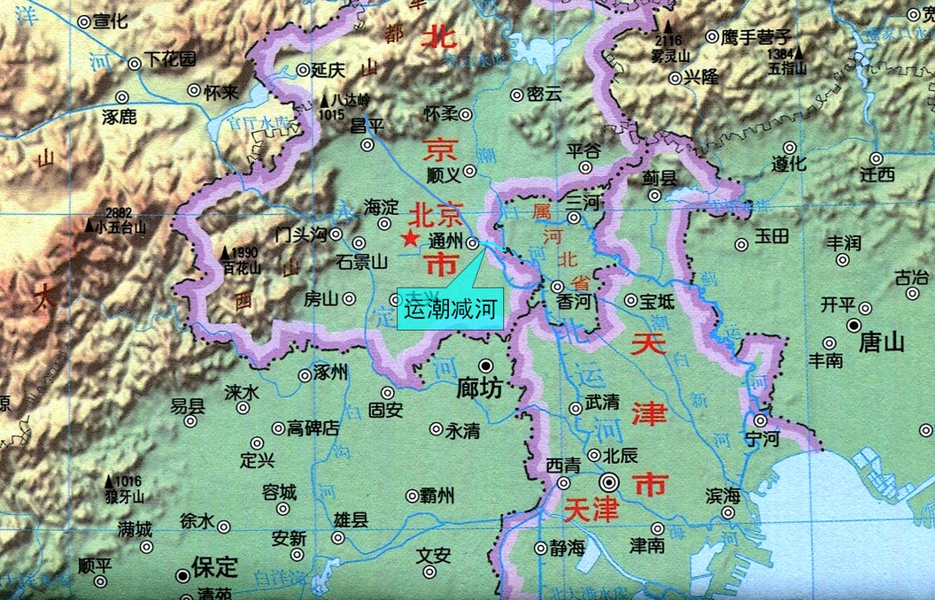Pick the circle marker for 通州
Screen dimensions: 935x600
click(x=473, y=242)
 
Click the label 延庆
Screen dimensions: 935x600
click(x=330, y=70)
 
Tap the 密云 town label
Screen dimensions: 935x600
click(x=544, y=94)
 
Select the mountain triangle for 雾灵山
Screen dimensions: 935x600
click(x=669, y=28)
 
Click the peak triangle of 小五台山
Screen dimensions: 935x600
click(x=89, y=225)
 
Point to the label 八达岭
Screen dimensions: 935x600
click(x=351, y=100)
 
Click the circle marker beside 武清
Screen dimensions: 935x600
click(x=576, y=408)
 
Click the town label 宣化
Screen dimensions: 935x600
click(x=111, y=21)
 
